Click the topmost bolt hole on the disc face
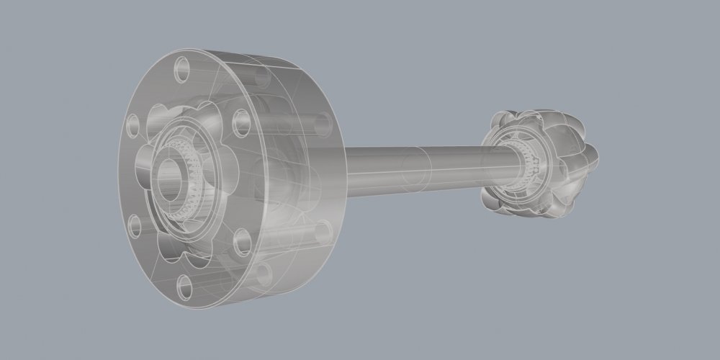point(181,70)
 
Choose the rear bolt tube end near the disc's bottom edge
point(265,272)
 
